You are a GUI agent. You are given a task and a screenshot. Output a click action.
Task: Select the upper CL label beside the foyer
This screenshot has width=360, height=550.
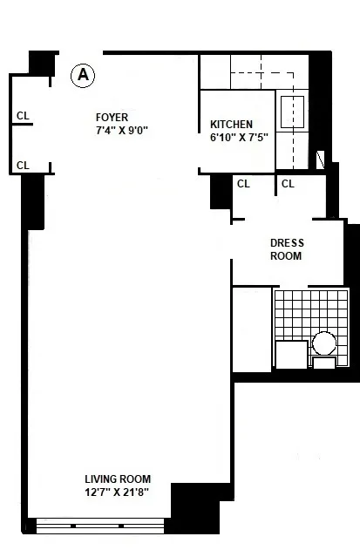23,115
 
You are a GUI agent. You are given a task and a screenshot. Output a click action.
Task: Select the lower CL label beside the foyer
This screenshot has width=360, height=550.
23,165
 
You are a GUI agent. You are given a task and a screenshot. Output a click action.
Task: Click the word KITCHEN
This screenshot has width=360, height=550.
231,125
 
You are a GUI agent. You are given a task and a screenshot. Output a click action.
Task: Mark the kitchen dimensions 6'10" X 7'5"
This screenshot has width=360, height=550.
231,138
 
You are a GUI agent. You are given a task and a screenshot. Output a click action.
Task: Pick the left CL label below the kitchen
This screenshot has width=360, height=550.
243,184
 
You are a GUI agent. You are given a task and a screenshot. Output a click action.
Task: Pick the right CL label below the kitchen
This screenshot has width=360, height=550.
289,184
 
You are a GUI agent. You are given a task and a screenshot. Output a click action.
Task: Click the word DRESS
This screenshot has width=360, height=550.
286,243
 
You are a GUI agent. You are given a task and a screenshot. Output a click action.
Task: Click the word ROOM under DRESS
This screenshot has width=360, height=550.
286,256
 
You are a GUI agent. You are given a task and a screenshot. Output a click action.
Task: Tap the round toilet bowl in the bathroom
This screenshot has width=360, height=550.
325,343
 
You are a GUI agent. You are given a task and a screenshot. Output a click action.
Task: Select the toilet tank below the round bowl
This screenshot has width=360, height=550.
324,363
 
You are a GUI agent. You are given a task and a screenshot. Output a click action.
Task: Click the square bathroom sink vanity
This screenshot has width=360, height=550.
291,355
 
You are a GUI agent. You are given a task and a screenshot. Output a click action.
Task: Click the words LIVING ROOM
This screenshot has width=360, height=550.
118,479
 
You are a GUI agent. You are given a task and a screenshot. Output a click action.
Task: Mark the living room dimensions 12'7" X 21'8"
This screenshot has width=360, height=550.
118,492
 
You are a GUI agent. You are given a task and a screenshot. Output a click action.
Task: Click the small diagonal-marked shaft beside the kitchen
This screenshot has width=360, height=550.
321,160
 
